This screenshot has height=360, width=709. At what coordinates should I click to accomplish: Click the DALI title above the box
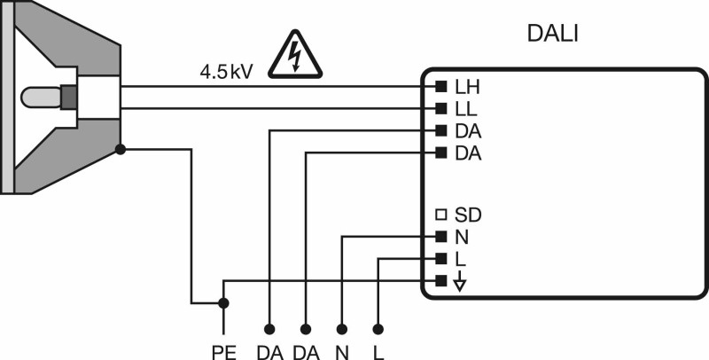(x=552, y=34)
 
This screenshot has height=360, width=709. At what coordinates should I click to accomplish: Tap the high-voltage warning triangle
(x=295, y=55)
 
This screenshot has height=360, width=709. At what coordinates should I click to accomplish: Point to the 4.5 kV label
(x=226, y=73)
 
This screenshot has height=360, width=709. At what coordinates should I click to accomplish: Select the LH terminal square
(x=440, y=86)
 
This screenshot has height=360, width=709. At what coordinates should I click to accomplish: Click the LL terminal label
(x=466, y=109)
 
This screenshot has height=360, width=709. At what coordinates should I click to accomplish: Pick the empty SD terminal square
(x=440, y=215)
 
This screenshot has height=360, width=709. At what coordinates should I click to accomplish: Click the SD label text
(x=468, y=215)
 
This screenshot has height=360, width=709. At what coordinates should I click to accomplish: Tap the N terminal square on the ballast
(x=440, y=236)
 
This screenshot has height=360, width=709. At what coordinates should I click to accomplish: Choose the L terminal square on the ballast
(x=440, y=259)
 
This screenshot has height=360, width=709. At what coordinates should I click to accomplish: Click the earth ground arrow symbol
(x=460, y=281)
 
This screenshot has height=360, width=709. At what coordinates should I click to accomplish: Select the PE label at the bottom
(x=224, y=353)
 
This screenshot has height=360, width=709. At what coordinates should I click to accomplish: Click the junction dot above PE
(x=223, y=302)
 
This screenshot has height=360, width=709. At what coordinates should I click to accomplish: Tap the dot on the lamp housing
(x=121, y=149)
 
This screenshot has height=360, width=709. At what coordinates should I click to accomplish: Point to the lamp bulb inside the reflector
(x=41, y=98)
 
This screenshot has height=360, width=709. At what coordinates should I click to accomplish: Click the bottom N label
(x=342, y=353)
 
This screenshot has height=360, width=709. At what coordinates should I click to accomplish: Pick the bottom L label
(x=379, y=353)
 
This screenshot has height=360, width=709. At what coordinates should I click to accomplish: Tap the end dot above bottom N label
(x=342, y=328)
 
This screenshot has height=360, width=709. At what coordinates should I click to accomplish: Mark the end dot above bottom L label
(x=379, y=328)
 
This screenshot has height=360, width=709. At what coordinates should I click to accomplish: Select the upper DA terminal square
(x=440, y=131)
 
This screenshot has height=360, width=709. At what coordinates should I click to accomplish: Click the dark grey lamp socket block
(x=69, y=98)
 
